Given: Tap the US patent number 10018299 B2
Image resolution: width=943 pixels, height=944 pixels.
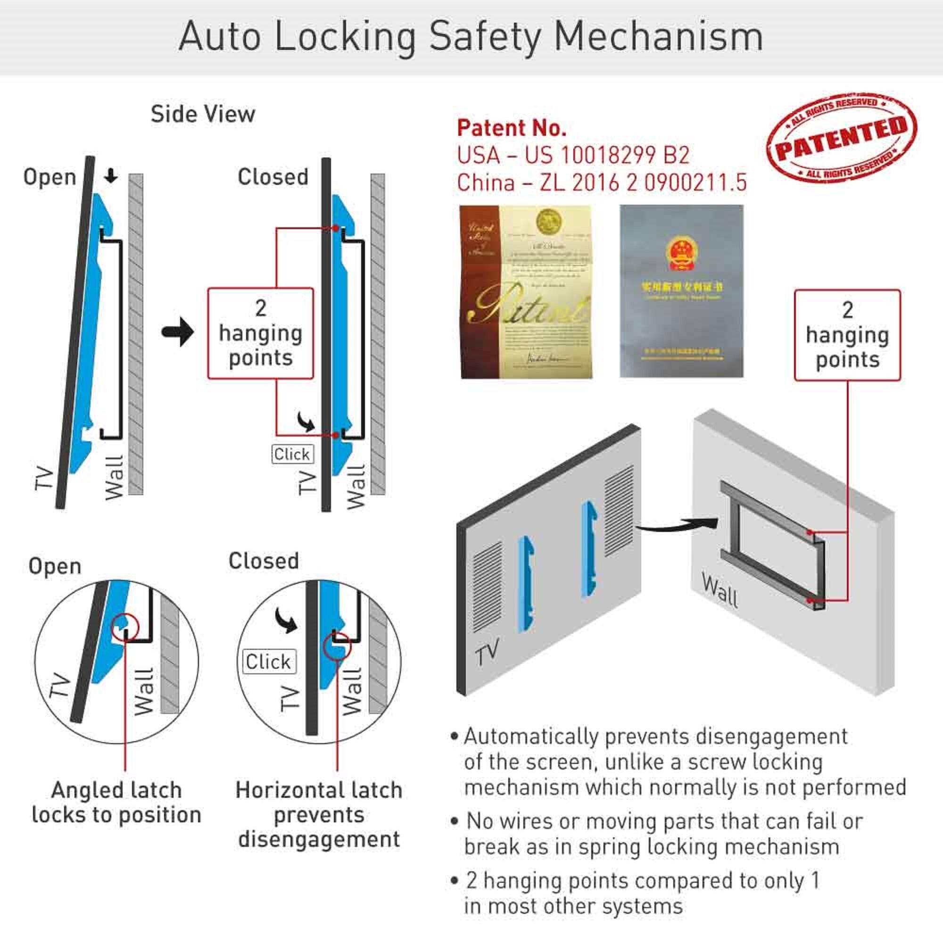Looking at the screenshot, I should pos(607,156).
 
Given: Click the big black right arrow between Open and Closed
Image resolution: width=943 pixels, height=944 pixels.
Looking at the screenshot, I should pos(178,332).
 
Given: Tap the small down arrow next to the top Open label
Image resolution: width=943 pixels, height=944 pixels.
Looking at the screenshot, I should pos(111,176).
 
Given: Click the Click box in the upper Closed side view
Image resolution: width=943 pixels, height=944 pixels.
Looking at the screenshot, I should pos(292,455).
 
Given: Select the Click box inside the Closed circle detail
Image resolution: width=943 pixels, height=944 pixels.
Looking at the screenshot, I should pos(269,662).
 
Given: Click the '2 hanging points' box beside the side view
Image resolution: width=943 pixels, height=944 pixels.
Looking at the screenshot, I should pos(260,333).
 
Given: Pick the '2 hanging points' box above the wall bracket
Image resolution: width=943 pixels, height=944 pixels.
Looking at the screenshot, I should pos(847,335).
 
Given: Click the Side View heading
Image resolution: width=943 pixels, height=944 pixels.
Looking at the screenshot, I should pos(203,114).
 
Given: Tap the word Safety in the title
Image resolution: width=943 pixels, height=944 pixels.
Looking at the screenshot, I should pos(485,37).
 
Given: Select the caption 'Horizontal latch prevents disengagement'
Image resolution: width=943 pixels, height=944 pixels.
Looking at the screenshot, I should pos(319,814).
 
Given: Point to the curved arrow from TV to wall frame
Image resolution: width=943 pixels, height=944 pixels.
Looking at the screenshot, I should pos(677,527).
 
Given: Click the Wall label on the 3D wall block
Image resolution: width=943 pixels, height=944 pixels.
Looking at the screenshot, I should pos(719,590).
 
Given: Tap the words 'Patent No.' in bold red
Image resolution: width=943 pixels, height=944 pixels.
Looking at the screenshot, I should pos(512,128).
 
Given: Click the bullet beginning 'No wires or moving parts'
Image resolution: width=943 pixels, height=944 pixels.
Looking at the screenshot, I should pos(655,834).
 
